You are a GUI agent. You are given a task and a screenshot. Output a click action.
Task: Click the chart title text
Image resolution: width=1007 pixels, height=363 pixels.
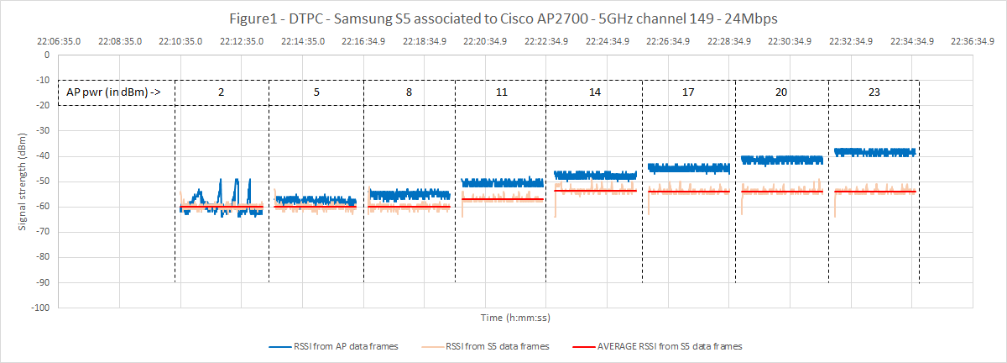[x=503, y=18]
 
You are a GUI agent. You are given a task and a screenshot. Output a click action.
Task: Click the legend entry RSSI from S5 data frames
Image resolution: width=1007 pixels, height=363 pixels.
[x=498, y=345]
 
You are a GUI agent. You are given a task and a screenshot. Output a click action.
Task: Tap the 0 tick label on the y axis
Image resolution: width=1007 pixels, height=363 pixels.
[x=47, y=55]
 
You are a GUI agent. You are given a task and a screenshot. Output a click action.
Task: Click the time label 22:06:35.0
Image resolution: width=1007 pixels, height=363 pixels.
[x=59, y=40]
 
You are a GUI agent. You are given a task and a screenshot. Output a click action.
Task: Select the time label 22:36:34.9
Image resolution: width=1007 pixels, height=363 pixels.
[x=974, y=40]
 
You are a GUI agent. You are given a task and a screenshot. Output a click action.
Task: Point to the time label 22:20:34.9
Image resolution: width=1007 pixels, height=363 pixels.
[x=486, y=40]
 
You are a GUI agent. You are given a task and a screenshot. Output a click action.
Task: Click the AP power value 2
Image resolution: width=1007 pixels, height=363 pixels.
[x=222, y=92]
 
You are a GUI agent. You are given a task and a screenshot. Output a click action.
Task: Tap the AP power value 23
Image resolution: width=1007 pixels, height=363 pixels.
[x=874, y=92]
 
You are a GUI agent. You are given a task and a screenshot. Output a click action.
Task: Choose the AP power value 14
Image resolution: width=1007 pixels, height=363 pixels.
[x=594, y=92]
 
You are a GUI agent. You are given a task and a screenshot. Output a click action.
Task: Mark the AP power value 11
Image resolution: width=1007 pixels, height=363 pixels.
[x=501, y=92]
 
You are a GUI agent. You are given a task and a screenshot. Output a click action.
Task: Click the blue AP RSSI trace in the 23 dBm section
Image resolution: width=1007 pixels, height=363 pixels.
[x=874, y=152]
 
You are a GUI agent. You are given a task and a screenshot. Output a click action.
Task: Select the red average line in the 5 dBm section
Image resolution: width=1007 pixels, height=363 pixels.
[x=315, y=207]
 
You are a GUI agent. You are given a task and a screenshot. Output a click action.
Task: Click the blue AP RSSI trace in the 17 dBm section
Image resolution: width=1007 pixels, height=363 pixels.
[x=688, y=168]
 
